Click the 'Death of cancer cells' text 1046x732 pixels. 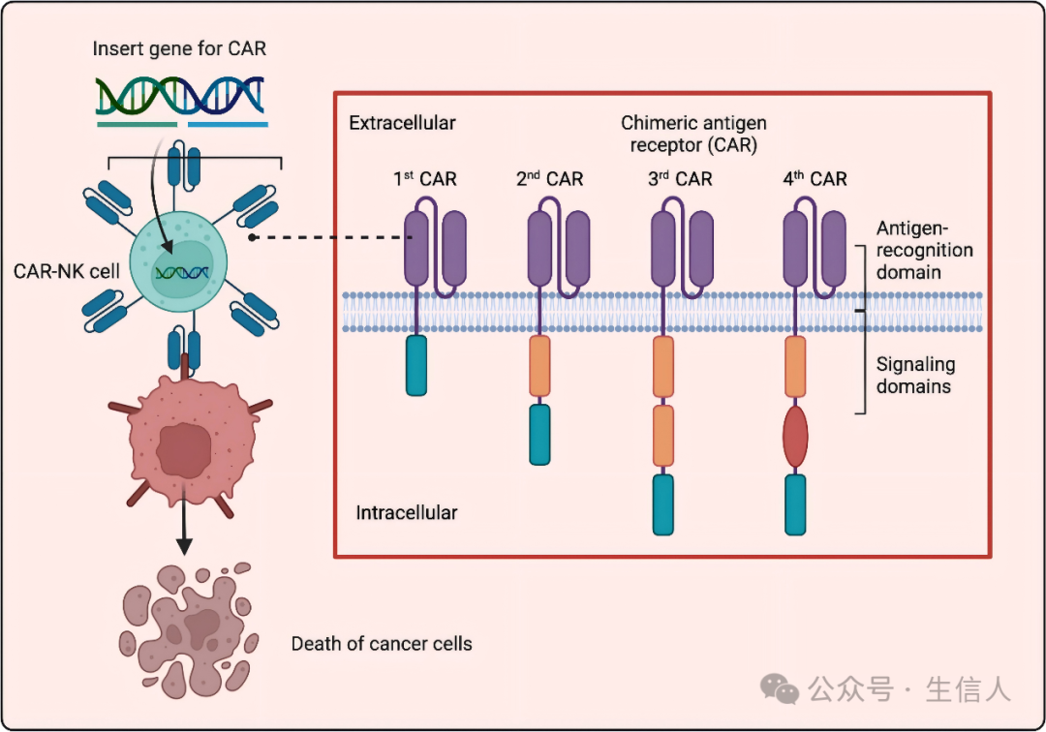[x=382, y=643]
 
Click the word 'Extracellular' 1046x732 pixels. [x=402, y=123]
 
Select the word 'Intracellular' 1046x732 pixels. [x=407, y=512]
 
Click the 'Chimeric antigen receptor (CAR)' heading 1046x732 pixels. [x=693, y=135]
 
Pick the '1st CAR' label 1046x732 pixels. [x=424, y=179]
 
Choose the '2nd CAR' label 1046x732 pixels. [x=549, y=179]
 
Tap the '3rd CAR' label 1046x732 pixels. [x=679, y=179]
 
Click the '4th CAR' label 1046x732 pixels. [x=815, y=179]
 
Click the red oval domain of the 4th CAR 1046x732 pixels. [x=795, y=438]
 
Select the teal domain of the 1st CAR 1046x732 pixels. [x=415, y=365]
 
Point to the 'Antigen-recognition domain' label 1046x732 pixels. [x=925, y=250]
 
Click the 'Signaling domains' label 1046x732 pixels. [x=915, y=376]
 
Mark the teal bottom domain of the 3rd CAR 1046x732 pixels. [x=663, y=503]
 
